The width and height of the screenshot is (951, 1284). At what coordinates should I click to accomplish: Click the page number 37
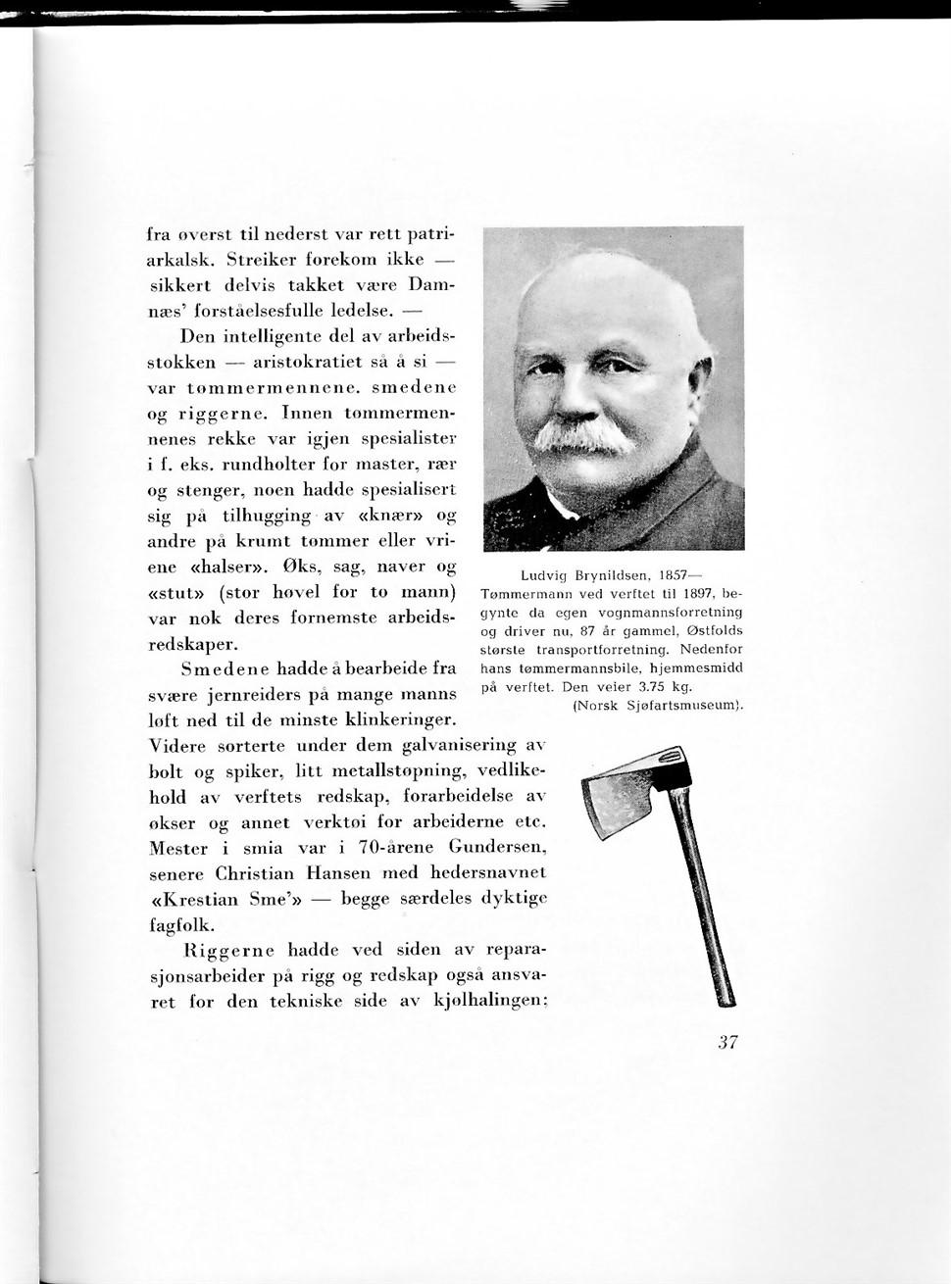point(726,1043)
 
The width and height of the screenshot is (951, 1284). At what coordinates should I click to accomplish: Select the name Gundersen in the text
point(497,847)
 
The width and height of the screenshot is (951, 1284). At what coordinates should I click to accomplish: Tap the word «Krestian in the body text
point(194,899)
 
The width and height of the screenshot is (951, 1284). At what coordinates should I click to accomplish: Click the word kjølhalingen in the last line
point(489,1002)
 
